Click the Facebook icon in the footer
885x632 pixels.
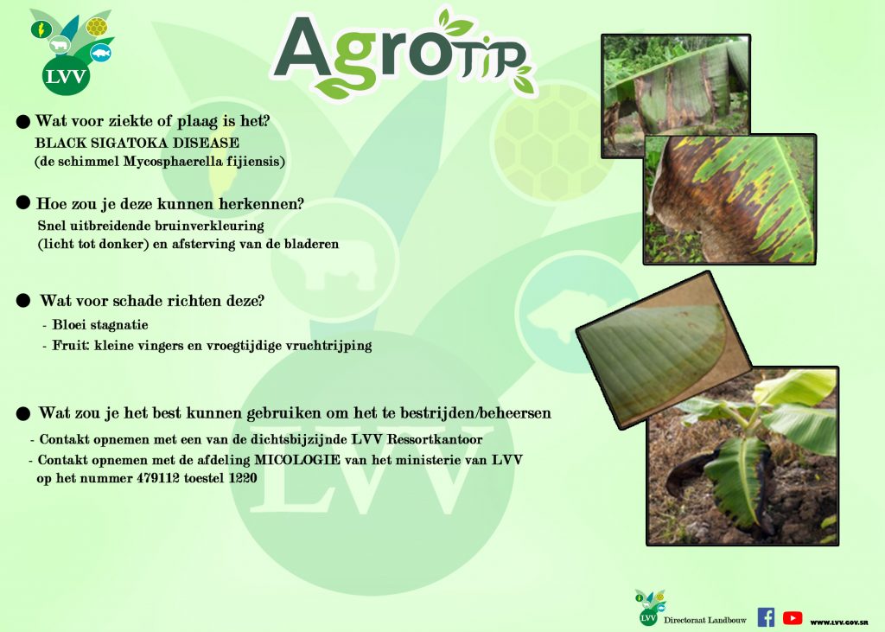[766, 617]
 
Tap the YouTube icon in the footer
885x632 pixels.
[793, 618]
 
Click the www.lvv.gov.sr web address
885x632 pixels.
[839, 622]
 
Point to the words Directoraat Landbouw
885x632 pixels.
[705, 620]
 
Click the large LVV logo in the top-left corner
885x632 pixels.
[70, 52]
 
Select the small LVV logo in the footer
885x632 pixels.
[649, 608]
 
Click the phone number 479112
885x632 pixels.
[157, 478]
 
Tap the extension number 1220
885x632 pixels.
[243, 478]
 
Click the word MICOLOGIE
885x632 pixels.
[297, 460]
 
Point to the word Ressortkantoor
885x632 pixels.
[434, 439]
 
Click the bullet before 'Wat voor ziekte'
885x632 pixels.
[23, 121]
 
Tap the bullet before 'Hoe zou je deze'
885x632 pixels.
[23, 202]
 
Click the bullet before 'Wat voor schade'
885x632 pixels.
[23, 301]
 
